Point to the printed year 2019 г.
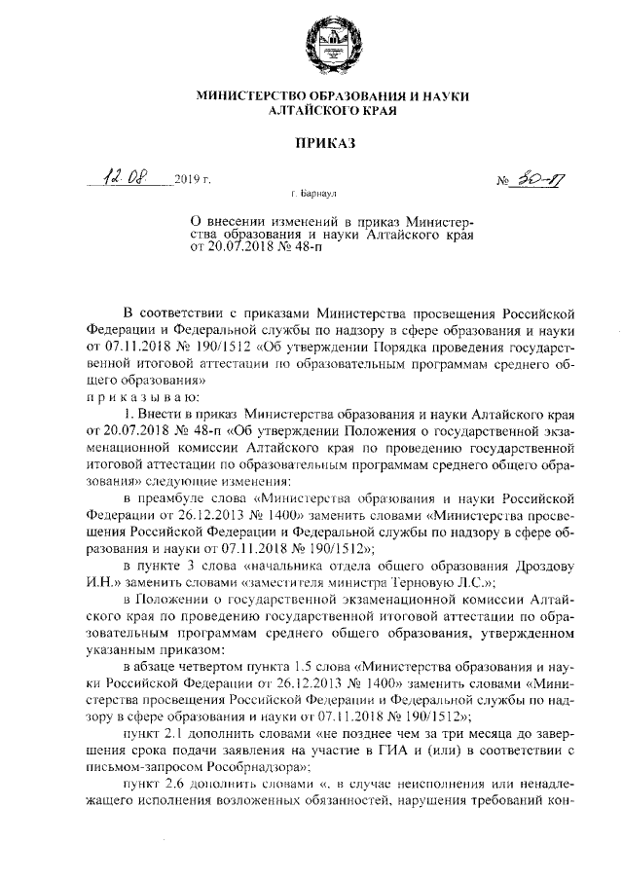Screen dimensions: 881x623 (193, 181)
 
